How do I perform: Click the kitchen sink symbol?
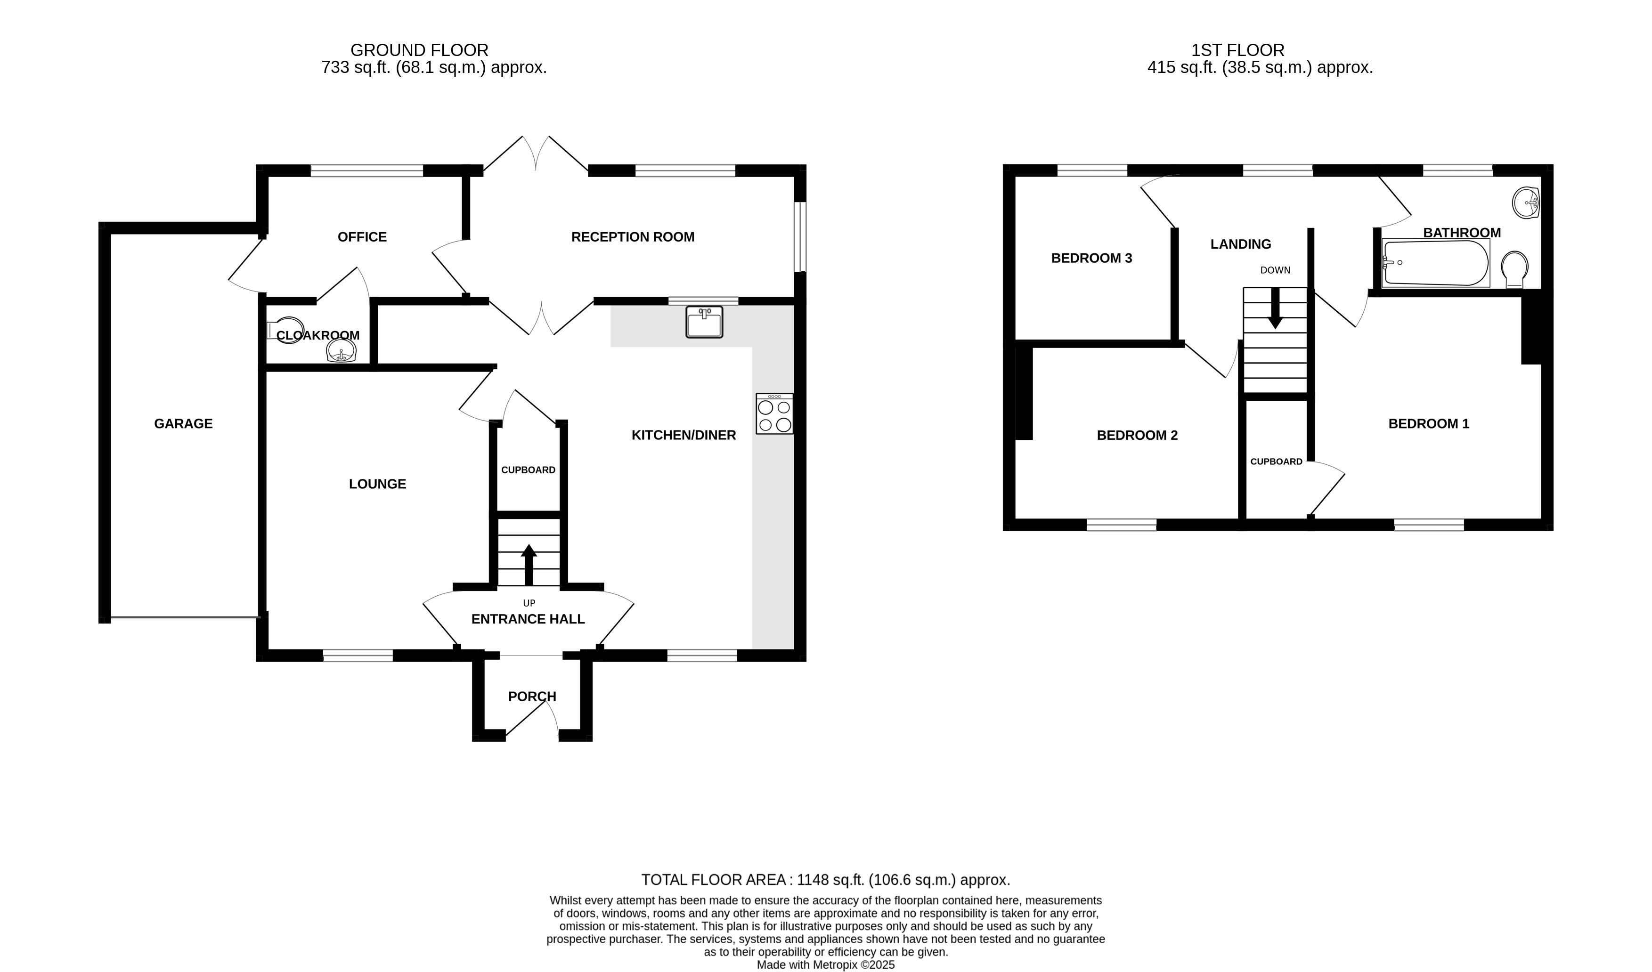click(704, 322)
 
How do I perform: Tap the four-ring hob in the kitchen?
click(774, 413)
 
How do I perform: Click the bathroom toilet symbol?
click(1515, 269)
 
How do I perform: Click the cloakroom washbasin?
click(341, 351)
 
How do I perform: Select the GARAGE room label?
click(184, 424)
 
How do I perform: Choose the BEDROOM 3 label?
click(1091, 258)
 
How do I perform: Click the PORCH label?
click(532, 697)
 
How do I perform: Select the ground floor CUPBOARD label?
click(529, 470)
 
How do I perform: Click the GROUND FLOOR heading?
click(420, 50)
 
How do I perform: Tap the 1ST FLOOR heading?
click(1237, 50)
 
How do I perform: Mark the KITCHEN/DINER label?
click(684, 435)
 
